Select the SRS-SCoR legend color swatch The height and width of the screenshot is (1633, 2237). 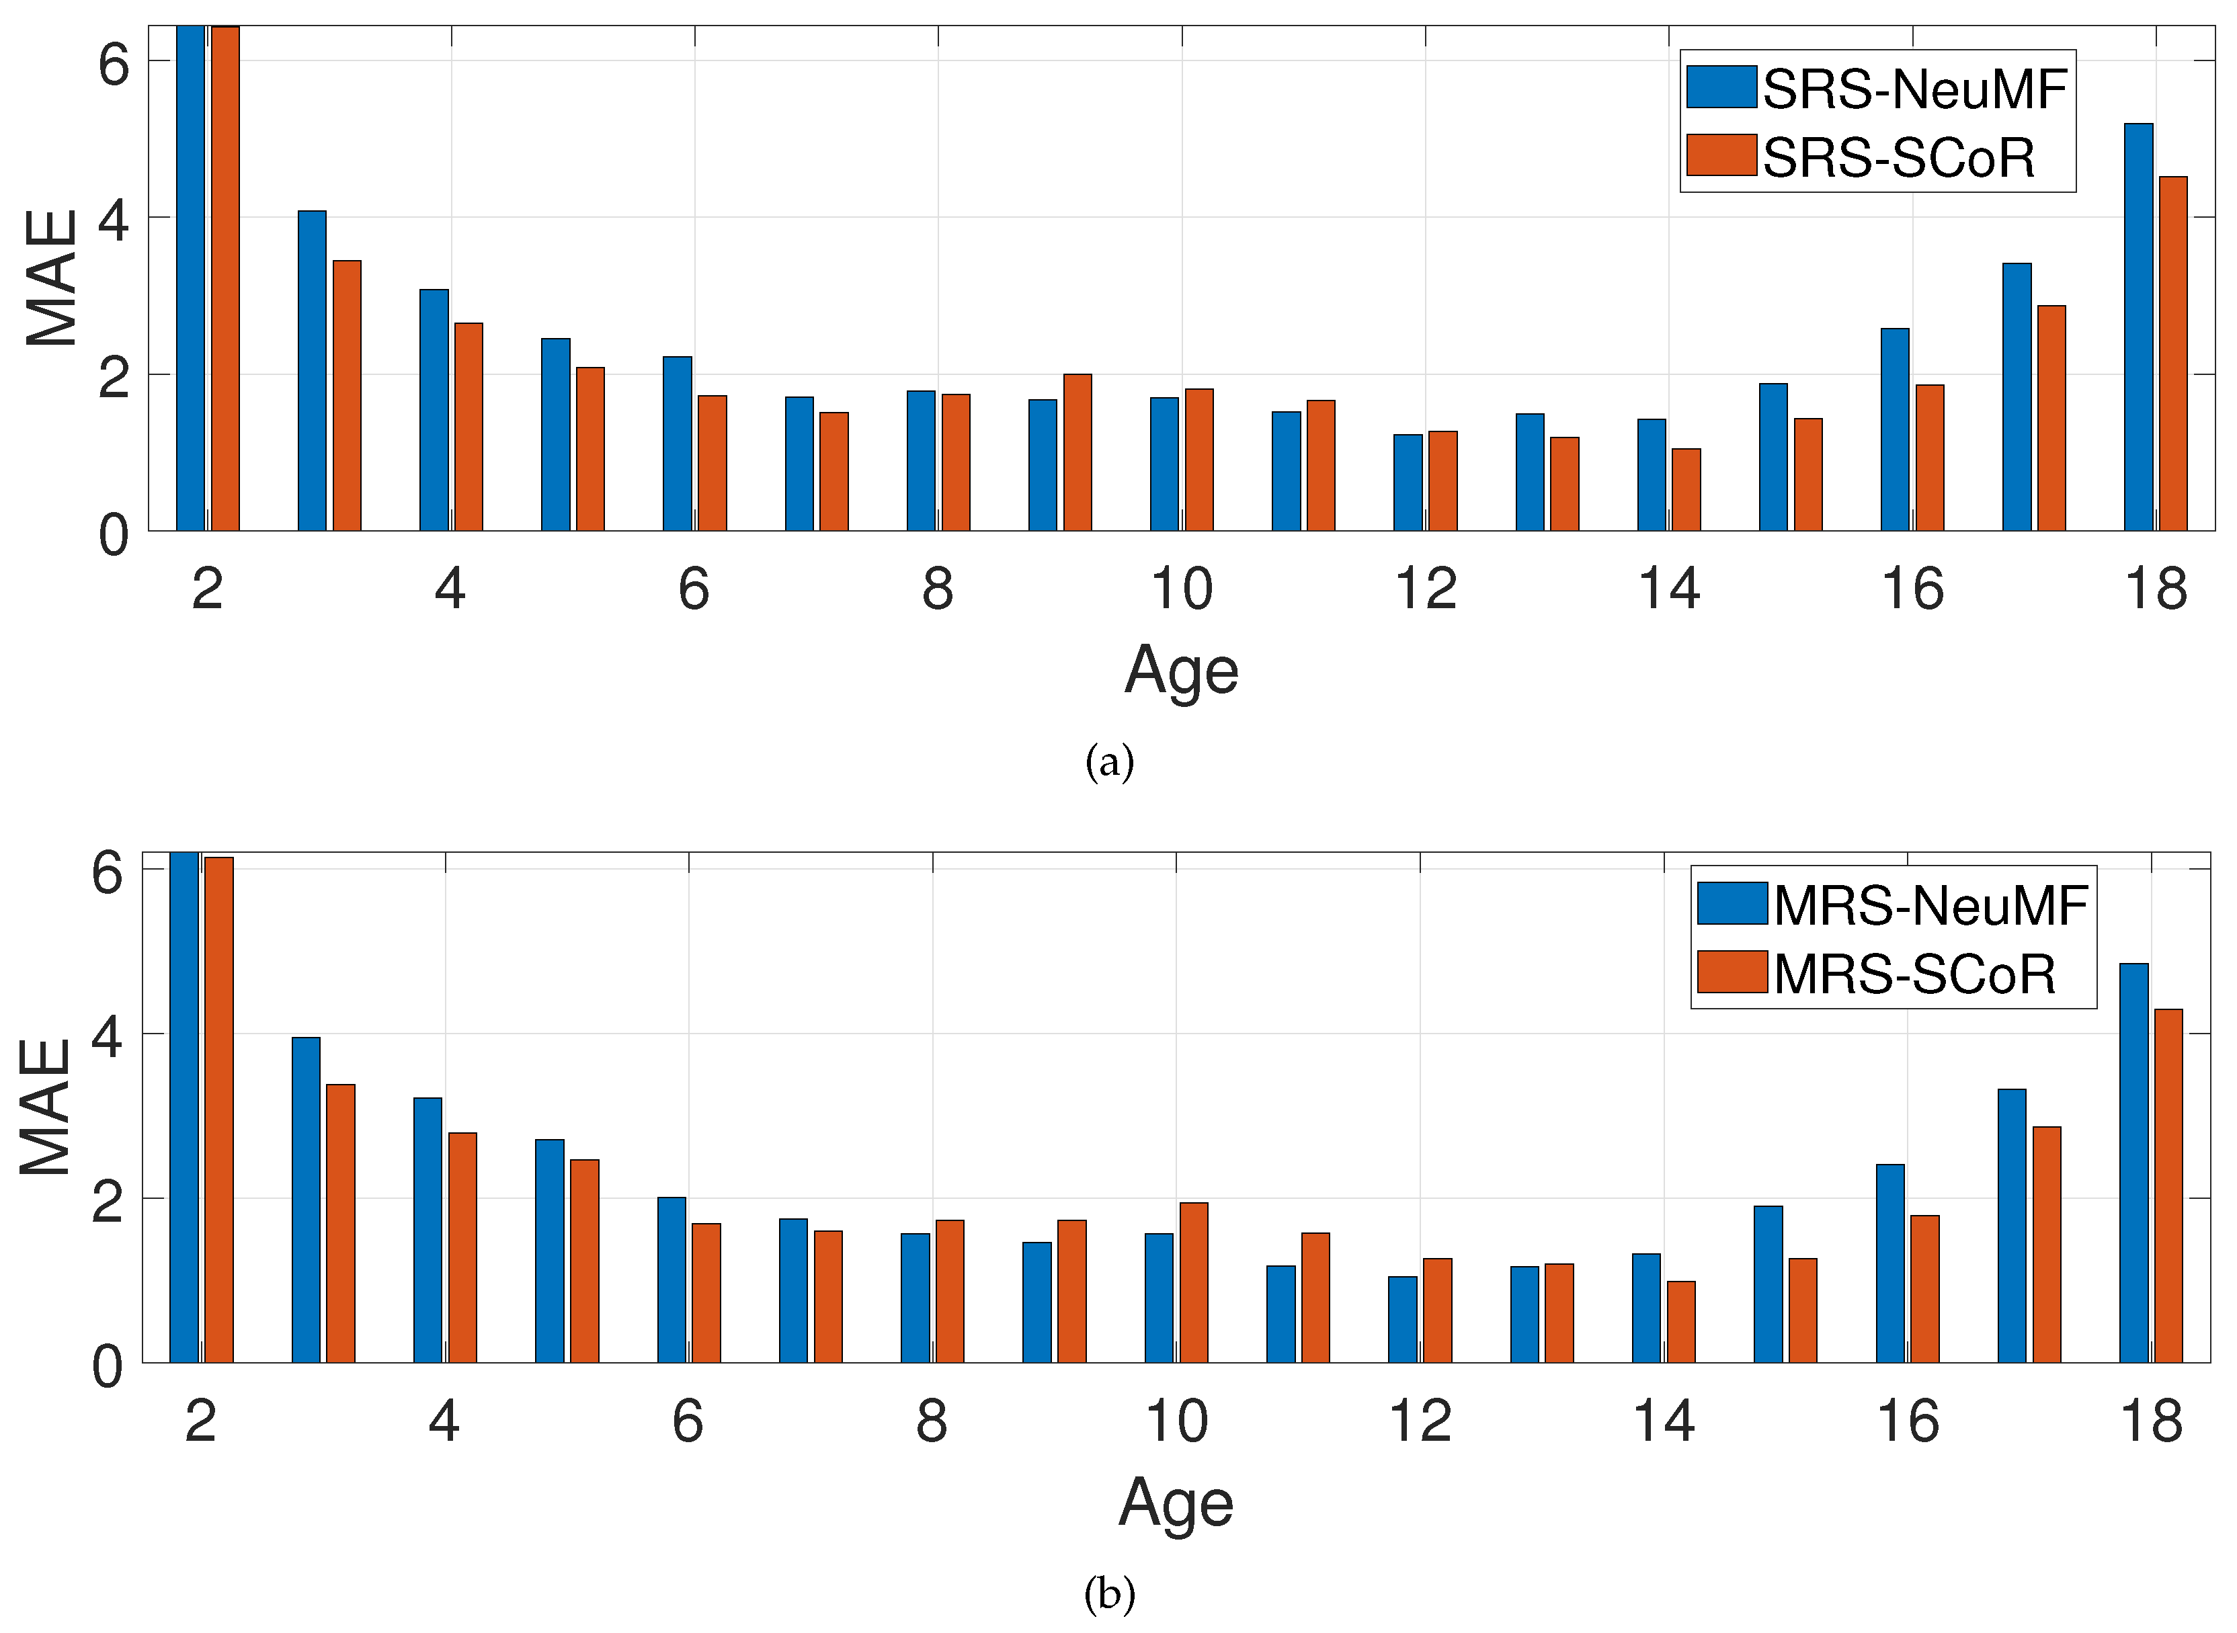(x=1721, y=156)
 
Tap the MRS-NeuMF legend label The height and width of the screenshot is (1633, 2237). (x=1930, y=905)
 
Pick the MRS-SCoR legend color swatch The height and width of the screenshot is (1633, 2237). (x=1732, y=972)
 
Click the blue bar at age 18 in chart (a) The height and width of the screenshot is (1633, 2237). (x=2138, y=326)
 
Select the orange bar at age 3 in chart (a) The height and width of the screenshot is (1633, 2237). (x=347, y=395)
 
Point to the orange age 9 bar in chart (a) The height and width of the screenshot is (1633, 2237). (x=1077, y=453)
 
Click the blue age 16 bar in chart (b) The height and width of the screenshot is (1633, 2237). (x=1890, y=1264)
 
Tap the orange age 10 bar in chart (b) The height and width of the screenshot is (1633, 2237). (x=1194, y=1283)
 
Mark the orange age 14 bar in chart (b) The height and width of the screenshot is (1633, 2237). (x=1682, y=1323)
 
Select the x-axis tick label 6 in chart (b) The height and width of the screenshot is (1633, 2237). (x=688, y=1423)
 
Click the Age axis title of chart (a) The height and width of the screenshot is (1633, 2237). (x=1181, y=671)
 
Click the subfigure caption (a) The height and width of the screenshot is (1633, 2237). (x=1109, y=762)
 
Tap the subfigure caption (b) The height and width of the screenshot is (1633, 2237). (x=1109, y=1593)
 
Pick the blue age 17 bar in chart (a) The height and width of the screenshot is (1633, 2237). (x=2017, y=397)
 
